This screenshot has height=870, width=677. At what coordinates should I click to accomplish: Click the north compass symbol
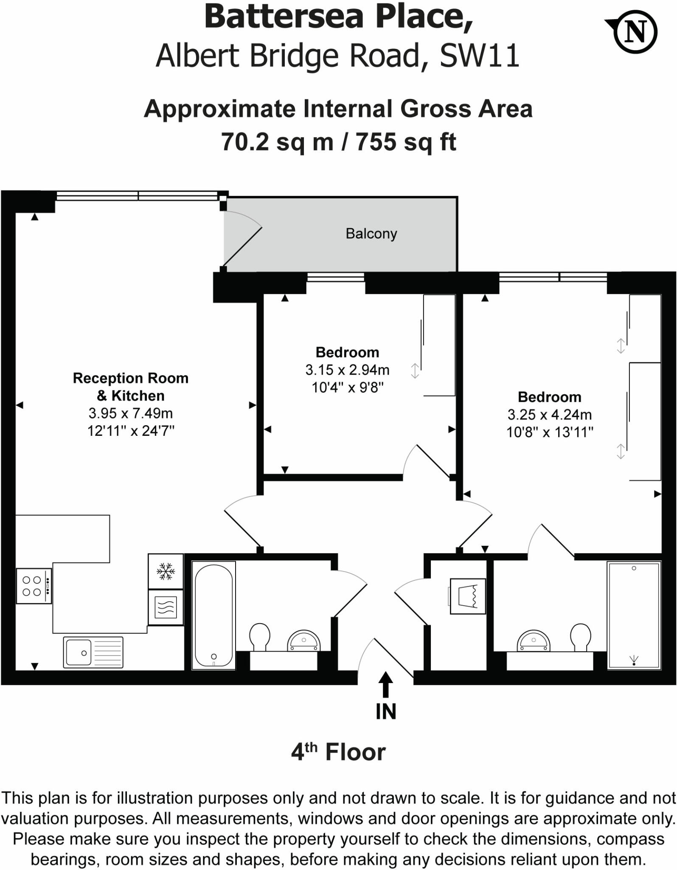tap(635, 32)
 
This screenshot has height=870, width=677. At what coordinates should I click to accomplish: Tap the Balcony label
tap(371, 234)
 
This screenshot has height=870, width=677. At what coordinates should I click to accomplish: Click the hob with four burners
tap(34, 586)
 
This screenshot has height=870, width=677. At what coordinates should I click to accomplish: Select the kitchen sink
tap(93, 652)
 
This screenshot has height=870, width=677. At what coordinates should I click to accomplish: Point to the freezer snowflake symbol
tap(166, 571)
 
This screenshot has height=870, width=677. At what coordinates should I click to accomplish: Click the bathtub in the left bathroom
tap(213, 615)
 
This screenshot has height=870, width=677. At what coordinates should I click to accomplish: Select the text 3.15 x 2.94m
tap(347, 370)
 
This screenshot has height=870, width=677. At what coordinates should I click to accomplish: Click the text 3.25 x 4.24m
tap(549, 415)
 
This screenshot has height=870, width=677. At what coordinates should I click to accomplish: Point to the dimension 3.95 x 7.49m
tap(130, 413)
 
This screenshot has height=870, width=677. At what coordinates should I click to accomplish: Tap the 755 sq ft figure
tap(406, 142)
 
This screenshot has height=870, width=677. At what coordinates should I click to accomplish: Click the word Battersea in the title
tap(284, 17)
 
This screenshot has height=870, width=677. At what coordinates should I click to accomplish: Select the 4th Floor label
tap(338, 752)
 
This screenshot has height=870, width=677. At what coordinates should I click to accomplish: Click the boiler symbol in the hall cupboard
tap(468, 596)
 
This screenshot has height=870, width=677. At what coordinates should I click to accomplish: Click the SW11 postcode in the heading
tap(480, 56)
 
